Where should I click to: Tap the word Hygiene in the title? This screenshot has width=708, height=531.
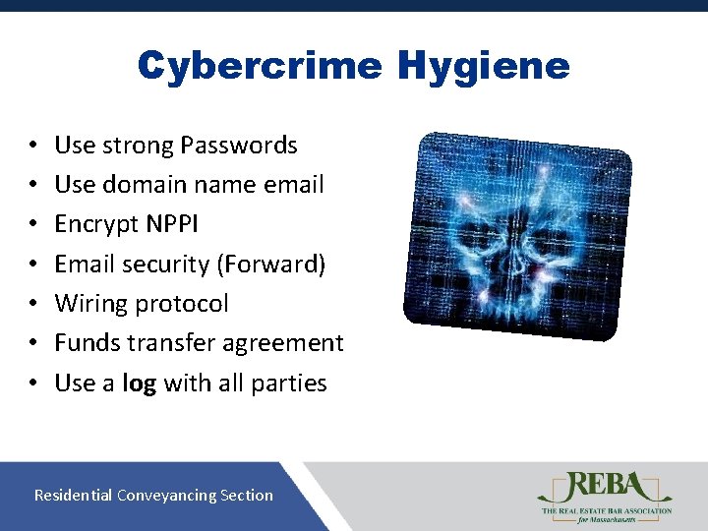point(484,66)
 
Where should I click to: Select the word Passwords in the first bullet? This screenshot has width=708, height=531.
point(244,146)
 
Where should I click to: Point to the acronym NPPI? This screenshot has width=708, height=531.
point(173,224)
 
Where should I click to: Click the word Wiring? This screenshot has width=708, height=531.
point(92,303)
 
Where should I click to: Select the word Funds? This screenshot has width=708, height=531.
point(87,343)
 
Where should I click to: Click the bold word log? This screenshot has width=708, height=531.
point(139,383)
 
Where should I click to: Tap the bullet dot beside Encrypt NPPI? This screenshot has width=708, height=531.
point(32,225)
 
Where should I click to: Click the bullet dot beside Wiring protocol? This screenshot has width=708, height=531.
point(32,304)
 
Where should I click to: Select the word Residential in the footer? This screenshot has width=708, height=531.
point(73,496)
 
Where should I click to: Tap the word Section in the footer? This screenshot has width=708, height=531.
point(247,496)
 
